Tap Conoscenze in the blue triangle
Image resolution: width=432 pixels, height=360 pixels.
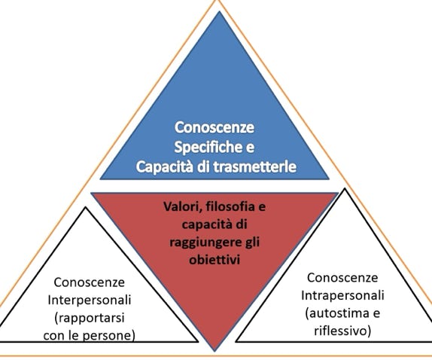214,127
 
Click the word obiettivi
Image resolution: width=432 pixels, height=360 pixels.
214,260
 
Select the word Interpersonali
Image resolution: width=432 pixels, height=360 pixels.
90,301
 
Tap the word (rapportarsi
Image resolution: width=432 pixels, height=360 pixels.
90,318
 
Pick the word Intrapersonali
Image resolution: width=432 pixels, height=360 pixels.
342,295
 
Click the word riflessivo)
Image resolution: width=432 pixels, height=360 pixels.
342,331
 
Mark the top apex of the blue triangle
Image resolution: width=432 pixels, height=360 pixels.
219,11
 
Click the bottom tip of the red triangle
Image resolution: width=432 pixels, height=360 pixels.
214,351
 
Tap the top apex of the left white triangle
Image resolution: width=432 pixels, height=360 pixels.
86,207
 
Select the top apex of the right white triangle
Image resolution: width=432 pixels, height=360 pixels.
345,188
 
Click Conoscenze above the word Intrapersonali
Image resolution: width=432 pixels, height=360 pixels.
342,278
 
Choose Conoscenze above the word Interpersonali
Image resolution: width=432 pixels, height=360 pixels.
90,282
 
